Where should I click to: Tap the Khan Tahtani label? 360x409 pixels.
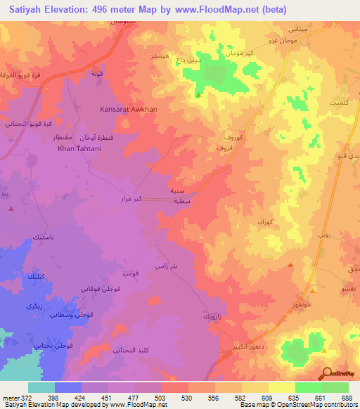(x=77, y=148)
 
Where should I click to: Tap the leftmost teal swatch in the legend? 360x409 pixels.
(x=41, y=387)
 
